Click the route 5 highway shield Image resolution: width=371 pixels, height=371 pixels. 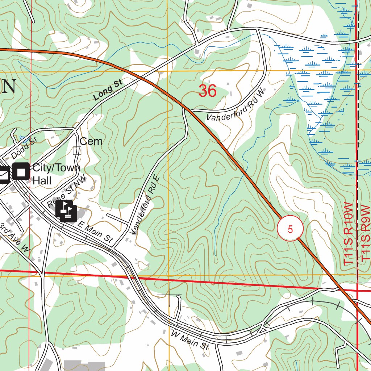290,229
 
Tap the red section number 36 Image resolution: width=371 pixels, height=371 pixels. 208,91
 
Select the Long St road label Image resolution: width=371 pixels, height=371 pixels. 108,91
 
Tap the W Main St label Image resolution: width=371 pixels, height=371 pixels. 190,340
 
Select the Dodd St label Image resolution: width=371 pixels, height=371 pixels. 22,148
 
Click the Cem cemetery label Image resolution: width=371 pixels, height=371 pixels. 91,141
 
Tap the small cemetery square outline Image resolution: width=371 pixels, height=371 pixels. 77,150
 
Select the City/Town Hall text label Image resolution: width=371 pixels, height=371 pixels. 56,174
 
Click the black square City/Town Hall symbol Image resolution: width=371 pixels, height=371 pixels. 21,171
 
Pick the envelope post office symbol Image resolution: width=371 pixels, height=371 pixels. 4,175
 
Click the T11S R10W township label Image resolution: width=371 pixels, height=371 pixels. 349,234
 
